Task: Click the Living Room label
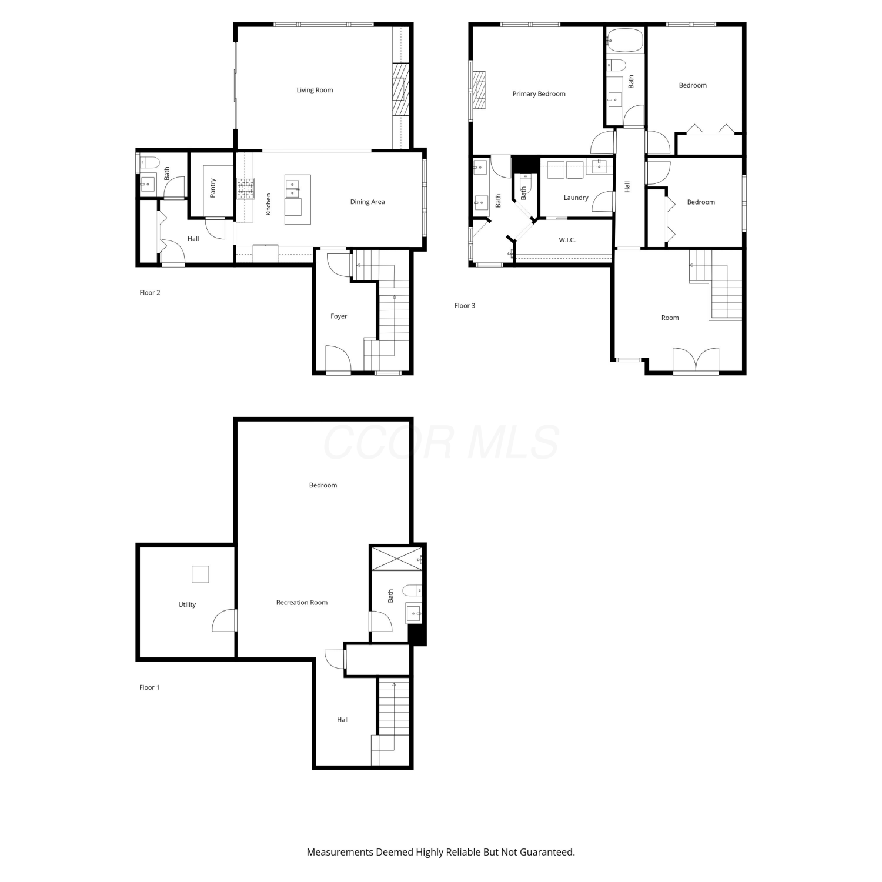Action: pyautogui.click(x=315, y=90)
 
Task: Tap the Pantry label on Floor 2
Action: pyautogui.click(x=213, y=188)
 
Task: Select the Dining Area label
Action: pyautogui.click(x=367, y=202)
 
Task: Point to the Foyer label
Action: pyautogui.click(x=339, y=316)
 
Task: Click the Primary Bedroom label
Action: pyautogui.click(x=539, y=93)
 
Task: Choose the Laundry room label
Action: pyautogui.click(x=576, y=198)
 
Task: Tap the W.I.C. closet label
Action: pyautogui.click(x=567, y=240)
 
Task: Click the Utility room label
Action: pyautogui.click(x=187, y=604)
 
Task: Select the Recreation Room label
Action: pyautogui.click(x=302, y=602)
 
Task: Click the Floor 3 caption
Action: pyautogui.click(x=465, y=305)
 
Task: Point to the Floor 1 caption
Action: pyautogui.click(x=149, y=687)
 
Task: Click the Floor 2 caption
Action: pyautogui.click(x=150, y=292)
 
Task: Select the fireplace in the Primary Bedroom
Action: pyautogui.click(x=479, y=90)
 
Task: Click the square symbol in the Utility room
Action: pyautogui.click(x=200, y=574)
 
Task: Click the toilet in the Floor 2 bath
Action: pyautogui.click(x=148, y=162)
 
